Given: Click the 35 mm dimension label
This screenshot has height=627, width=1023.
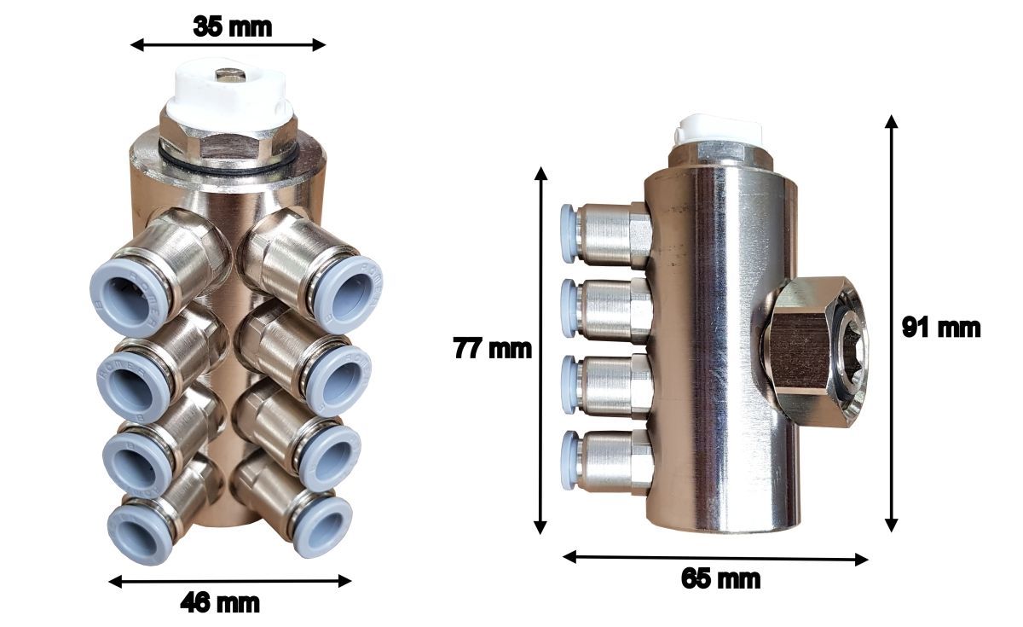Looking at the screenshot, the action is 233,26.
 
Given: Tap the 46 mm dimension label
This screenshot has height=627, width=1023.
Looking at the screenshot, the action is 220,603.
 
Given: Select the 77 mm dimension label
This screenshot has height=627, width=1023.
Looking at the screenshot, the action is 493,349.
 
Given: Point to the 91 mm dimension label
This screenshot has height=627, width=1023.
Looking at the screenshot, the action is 941,328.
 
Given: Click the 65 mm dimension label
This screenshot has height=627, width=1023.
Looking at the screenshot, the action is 720,578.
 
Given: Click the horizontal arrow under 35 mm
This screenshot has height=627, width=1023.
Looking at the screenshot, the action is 228,44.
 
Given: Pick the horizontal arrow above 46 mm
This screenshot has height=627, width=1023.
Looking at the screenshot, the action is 230,581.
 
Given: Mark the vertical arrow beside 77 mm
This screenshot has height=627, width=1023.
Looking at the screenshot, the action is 540,351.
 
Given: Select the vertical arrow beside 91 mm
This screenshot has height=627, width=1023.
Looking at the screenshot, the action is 891,323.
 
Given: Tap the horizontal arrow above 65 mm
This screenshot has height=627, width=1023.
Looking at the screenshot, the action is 715,559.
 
